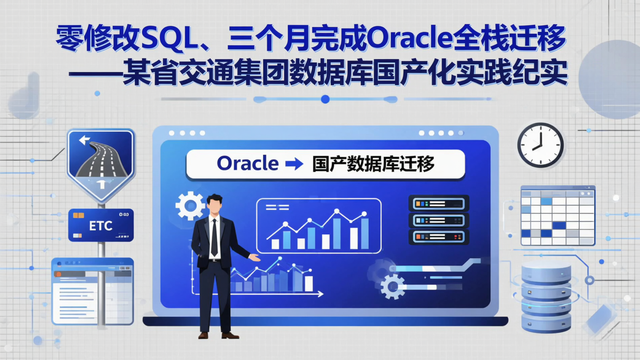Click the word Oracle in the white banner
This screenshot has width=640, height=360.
(247, 164)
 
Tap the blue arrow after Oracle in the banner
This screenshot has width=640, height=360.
(294, 164)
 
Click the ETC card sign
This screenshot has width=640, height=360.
(101, 225)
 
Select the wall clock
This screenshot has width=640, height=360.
(540, 145)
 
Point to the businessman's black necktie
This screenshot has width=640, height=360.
(214, 238)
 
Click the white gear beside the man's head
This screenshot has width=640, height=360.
(190, 205)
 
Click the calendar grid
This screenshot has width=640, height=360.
(558, 216)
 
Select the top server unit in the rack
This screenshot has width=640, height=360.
(439, 204)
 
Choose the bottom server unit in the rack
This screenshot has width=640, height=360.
(439, 236)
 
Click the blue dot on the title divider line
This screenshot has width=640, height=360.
(325, 99)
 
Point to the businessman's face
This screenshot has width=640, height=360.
(215, 207)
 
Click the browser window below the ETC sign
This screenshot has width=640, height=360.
(92, 291)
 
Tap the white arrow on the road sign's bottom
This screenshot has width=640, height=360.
(101, 184)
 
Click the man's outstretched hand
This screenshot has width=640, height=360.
(254, 257)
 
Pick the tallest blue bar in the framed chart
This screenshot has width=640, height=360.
(337, 233)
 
